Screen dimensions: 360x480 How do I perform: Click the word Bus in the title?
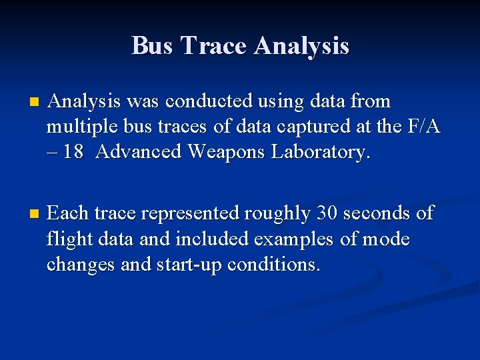153,46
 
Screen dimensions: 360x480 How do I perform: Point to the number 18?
73,152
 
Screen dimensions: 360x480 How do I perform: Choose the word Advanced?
139,152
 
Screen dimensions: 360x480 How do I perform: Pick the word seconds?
380,213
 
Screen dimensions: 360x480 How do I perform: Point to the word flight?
68,239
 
